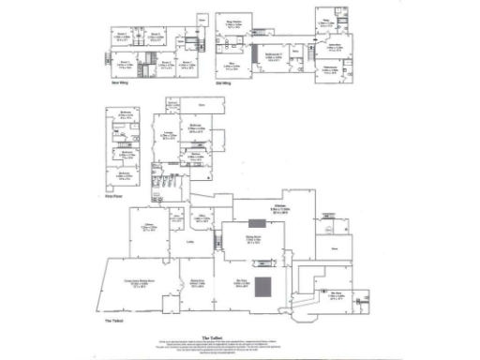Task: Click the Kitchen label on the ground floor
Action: pyautogui.click(x=278, y=205)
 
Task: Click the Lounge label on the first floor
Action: pyautogui.click(x=170, y=136)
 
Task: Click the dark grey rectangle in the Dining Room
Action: pyautogui.click(x=256, y=223)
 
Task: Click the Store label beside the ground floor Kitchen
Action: pyautogui.click(x=333, y=248)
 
